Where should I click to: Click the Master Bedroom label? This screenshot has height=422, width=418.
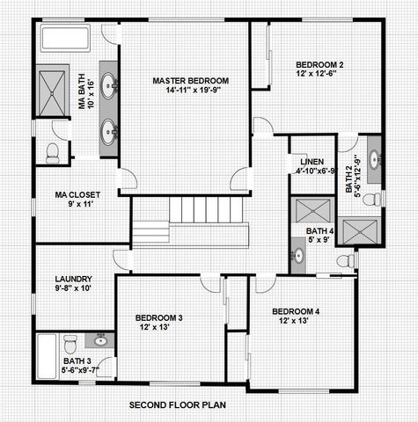pyautogui.click(x=185, y=81)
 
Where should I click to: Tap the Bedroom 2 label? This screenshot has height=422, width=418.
pyautogui.click(x=319, y=64)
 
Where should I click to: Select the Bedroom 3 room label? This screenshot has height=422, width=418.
pyautogui.click(x=158, y=317)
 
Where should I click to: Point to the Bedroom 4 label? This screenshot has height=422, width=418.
pyautogui.click(x=296, y=312)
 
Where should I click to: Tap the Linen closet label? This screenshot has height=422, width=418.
pyautogui.click(x=312, y=162)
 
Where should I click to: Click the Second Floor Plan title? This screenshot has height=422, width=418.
pyautogui.click(x=179, y=405)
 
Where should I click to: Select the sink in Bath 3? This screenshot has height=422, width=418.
pyautogui.click(x=101, y=339)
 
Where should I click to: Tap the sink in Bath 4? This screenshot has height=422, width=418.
pyautogui.click(x=298, y=256)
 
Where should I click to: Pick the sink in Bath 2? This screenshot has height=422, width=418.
pyautogui.click(x=374, y=160)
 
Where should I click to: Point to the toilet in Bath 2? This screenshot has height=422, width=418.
pyautogui.click(x=372, y=200)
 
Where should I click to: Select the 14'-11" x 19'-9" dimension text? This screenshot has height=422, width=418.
pyautogui.click(x=185, y=91)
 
